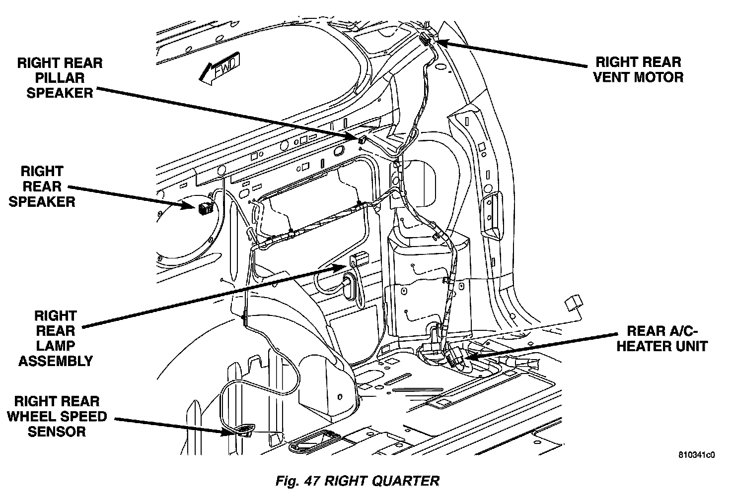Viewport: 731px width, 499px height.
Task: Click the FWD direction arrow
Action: (x=219, y=69)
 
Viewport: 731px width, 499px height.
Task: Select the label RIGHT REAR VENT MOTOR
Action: (x=638, y=69)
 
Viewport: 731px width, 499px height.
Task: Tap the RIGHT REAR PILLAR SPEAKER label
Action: (x=60, y=78)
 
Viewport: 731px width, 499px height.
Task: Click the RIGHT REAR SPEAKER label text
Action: (x=42, y=187)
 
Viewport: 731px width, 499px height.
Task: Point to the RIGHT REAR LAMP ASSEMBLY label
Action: (x=55, y=338)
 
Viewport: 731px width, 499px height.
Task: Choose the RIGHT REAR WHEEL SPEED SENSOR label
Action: (x=57, y=416)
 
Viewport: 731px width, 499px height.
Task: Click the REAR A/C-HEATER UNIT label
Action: (x=661, y=338)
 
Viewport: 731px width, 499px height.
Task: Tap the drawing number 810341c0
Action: (x=697, y=454)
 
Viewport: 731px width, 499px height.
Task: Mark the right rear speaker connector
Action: (x=204, y=208)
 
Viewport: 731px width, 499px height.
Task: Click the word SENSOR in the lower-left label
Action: (x=57, y=432)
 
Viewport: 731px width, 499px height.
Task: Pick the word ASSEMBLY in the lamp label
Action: (x=56, y=361)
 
